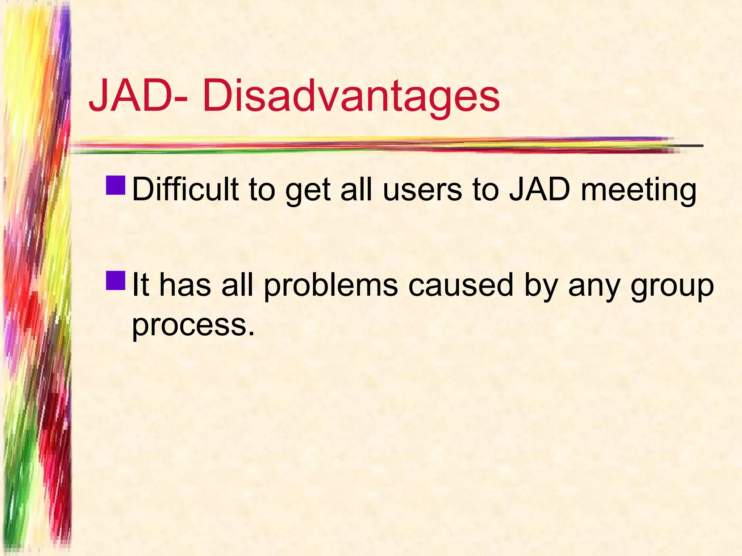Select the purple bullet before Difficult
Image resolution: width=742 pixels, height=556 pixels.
click(116, 185)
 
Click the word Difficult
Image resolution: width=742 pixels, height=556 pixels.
click(185, 190)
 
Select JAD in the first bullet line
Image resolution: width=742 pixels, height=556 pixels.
click(540, 190)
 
